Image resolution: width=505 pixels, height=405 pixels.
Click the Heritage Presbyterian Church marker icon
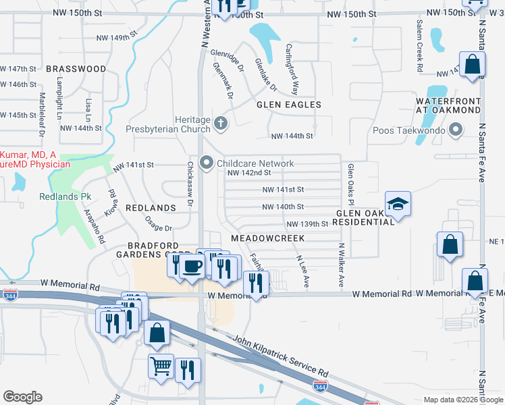click(x=221, y=123)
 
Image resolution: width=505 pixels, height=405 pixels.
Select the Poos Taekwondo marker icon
click(x=456, y=128)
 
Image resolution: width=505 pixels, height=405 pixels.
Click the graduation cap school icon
click(x=398, y=205)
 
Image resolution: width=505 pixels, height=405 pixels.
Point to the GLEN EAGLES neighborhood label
click(x=288, y=105)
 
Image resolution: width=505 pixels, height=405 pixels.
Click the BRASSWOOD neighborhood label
click(x=76, y=69)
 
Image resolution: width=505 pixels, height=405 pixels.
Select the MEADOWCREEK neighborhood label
click(x=267, y=238)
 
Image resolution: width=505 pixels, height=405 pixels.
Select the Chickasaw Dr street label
click(x=190, y=184)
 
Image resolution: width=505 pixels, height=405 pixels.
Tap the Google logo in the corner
click(x=22, y=397)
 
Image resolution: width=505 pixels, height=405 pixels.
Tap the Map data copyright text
click(x=463, y=399)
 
